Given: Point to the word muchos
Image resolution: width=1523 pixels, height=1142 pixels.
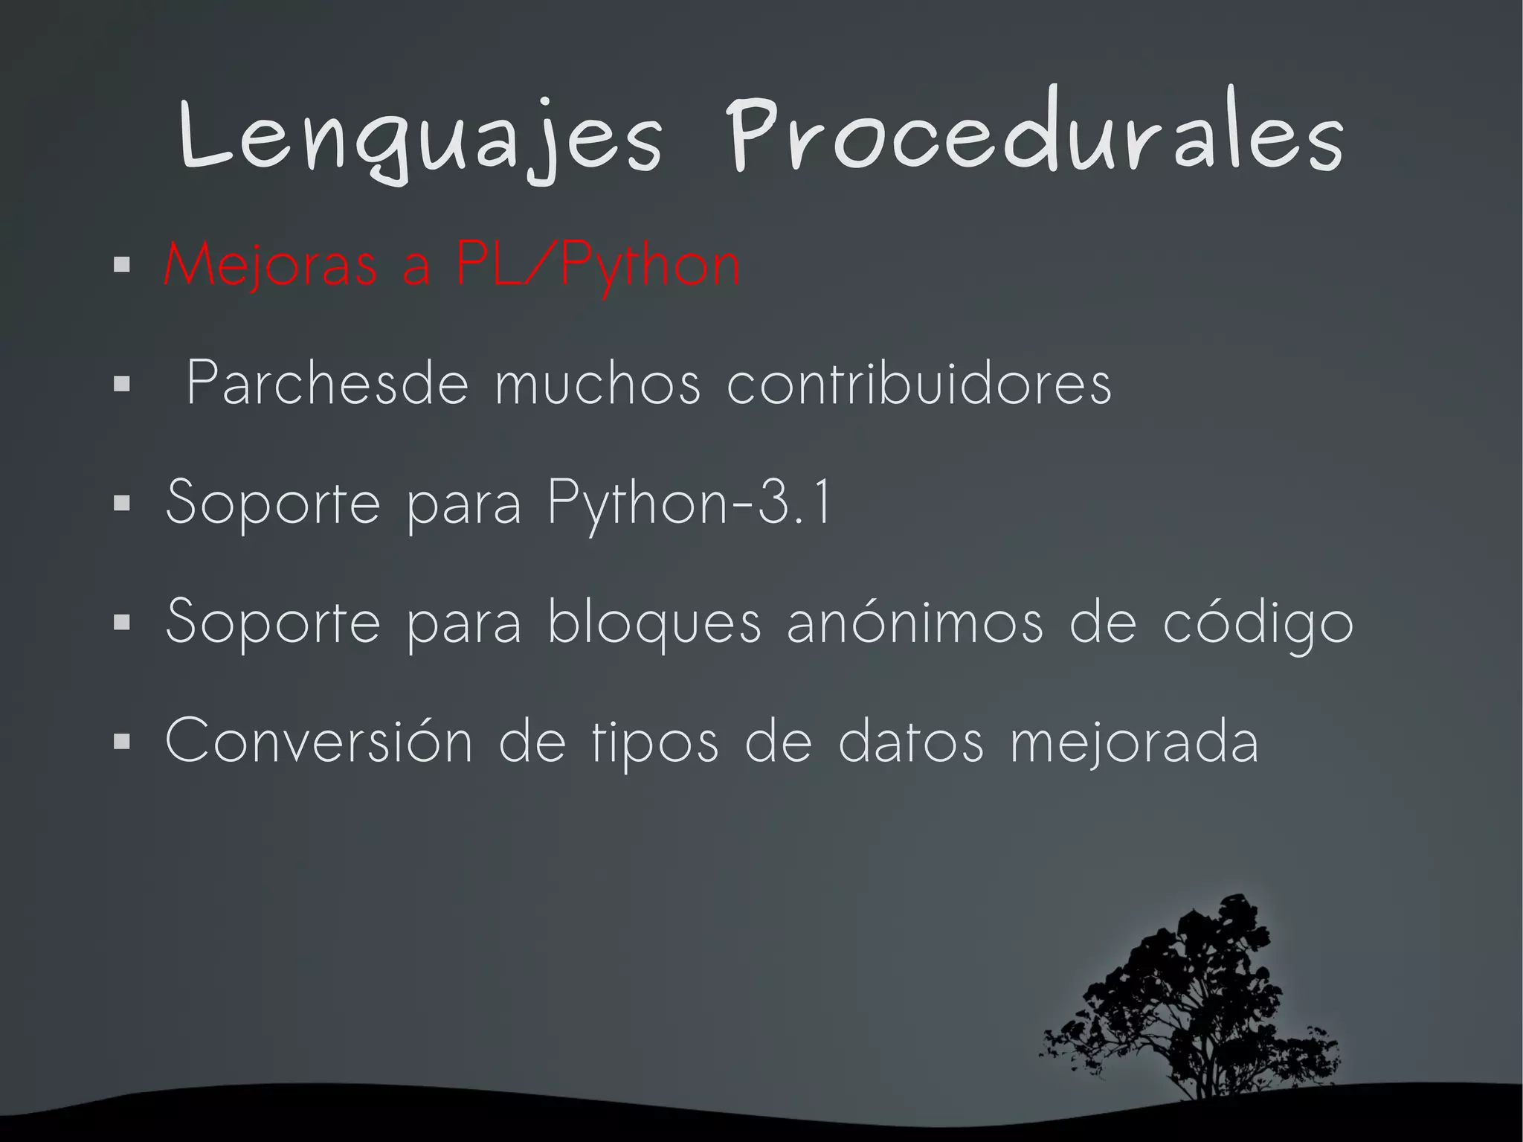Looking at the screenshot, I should tap(598, 384).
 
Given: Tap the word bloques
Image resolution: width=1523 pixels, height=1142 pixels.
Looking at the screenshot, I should tap(654, 622).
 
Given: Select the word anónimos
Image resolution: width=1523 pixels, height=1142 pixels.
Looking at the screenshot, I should tap(915, 622).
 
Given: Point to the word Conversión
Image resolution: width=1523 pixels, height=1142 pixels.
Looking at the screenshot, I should tap(319, 741).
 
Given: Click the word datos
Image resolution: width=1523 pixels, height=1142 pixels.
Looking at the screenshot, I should tap(911, 741).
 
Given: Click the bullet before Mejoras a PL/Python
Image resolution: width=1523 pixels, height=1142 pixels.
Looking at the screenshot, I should tap(122, 265).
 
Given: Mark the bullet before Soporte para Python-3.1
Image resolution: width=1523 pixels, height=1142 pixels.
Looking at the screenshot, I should tap(122, 504).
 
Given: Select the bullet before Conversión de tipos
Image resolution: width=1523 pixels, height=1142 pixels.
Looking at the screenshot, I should tap(122, 742).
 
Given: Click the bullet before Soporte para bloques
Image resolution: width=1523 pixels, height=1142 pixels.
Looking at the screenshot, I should tap(122, 623).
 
